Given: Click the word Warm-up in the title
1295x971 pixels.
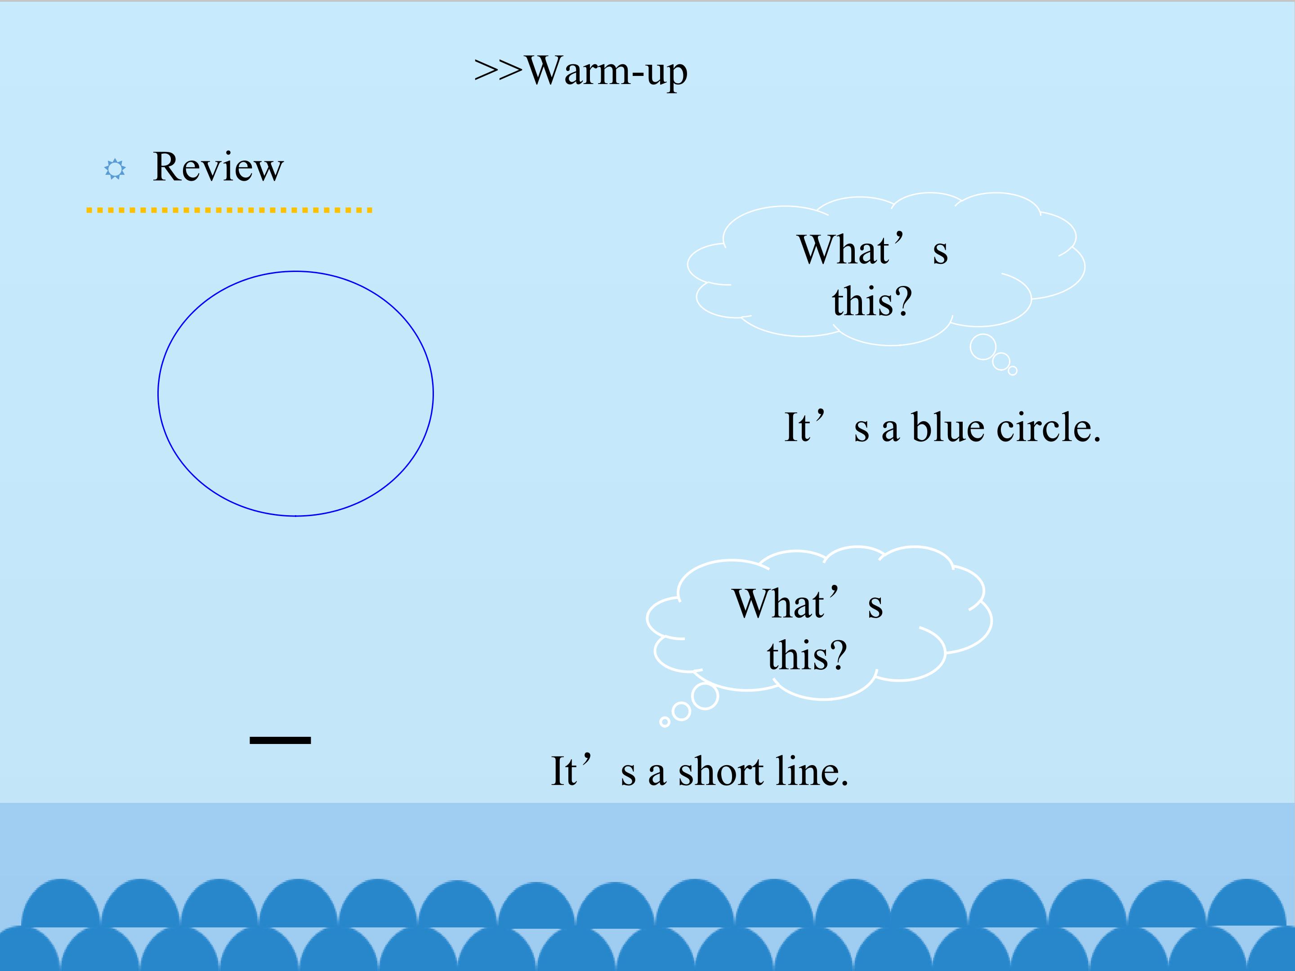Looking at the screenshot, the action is click(x=607, y=72).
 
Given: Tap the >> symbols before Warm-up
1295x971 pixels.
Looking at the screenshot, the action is click(x=498, y=70).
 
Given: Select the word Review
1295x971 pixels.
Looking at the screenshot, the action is click(x=218, y=167).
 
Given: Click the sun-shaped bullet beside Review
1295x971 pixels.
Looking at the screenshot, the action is click(x=115, y=169).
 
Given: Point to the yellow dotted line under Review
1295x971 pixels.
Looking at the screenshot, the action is click(x=229, y=210).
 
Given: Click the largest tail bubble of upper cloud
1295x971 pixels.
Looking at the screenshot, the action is click(x=983, y=347).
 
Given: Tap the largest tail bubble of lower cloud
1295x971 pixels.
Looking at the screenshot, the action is click(x=705, y=696).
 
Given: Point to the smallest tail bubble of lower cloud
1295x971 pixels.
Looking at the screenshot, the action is click(x=665, y=722).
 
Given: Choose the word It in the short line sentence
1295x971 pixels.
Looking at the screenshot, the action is click(x=564, y=771).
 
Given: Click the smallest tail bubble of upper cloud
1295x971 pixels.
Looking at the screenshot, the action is click(x=1013, y=370).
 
